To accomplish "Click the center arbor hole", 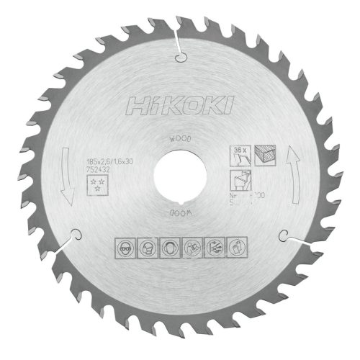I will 179,177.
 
